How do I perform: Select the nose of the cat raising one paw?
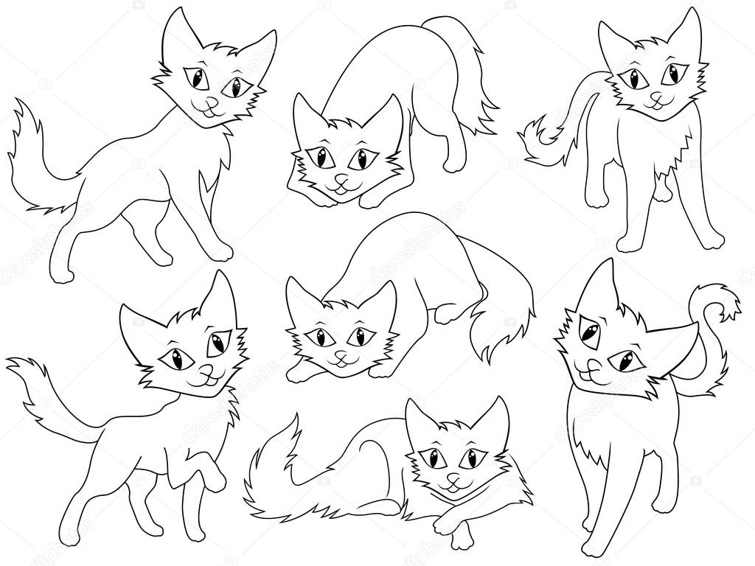tap(209, 369)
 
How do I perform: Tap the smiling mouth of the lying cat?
tap(453, 488)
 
